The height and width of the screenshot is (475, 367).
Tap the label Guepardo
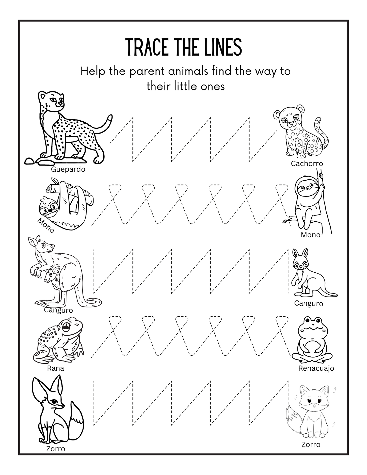[68, 169]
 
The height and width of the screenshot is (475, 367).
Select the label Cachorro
[307, 163]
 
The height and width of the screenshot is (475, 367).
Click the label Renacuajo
[316, 368]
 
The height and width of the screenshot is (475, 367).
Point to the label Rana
[55, 368]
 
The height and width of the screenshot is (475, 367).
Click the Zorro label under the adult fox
[56, 449]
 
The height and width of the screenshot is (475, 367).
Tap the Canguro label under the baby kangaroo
[309, 303]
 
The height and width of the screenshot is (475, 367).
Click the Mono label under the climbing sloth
[310, 235]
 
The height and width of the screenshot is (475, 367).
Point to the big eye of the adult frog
[66, 327]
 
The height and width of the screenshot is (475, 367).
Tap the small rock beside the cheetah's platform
[29, 161]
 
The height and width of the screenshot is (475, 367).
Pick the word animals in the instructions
[188, 71]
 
